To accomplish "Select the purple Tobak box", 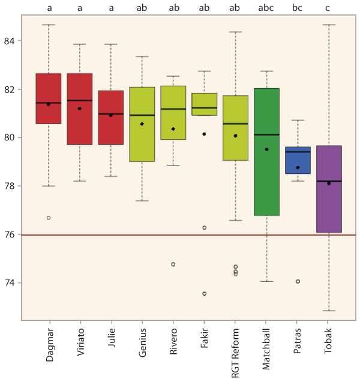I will [329, 189].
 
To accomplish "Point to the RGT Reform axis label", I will [235, 351].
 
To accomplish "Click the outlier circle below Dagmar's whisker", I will [49, 218].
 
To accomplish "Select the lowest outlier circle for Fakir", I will [205, 294].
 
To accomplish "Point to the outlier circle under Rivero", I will [173, 264].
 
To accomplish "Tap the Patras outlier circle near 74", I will [298, 281].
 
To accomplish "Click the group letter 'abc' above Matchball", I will [266, 8].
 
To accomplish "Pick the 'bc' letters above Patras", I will [298, 8].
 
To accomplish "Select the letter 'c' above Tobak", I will [329, 8].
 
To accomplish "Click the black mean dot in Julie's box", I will [111, 115].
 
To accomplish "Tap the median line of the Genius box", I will [142, 115].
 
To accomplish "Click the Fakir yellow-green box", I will [205, 104].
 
